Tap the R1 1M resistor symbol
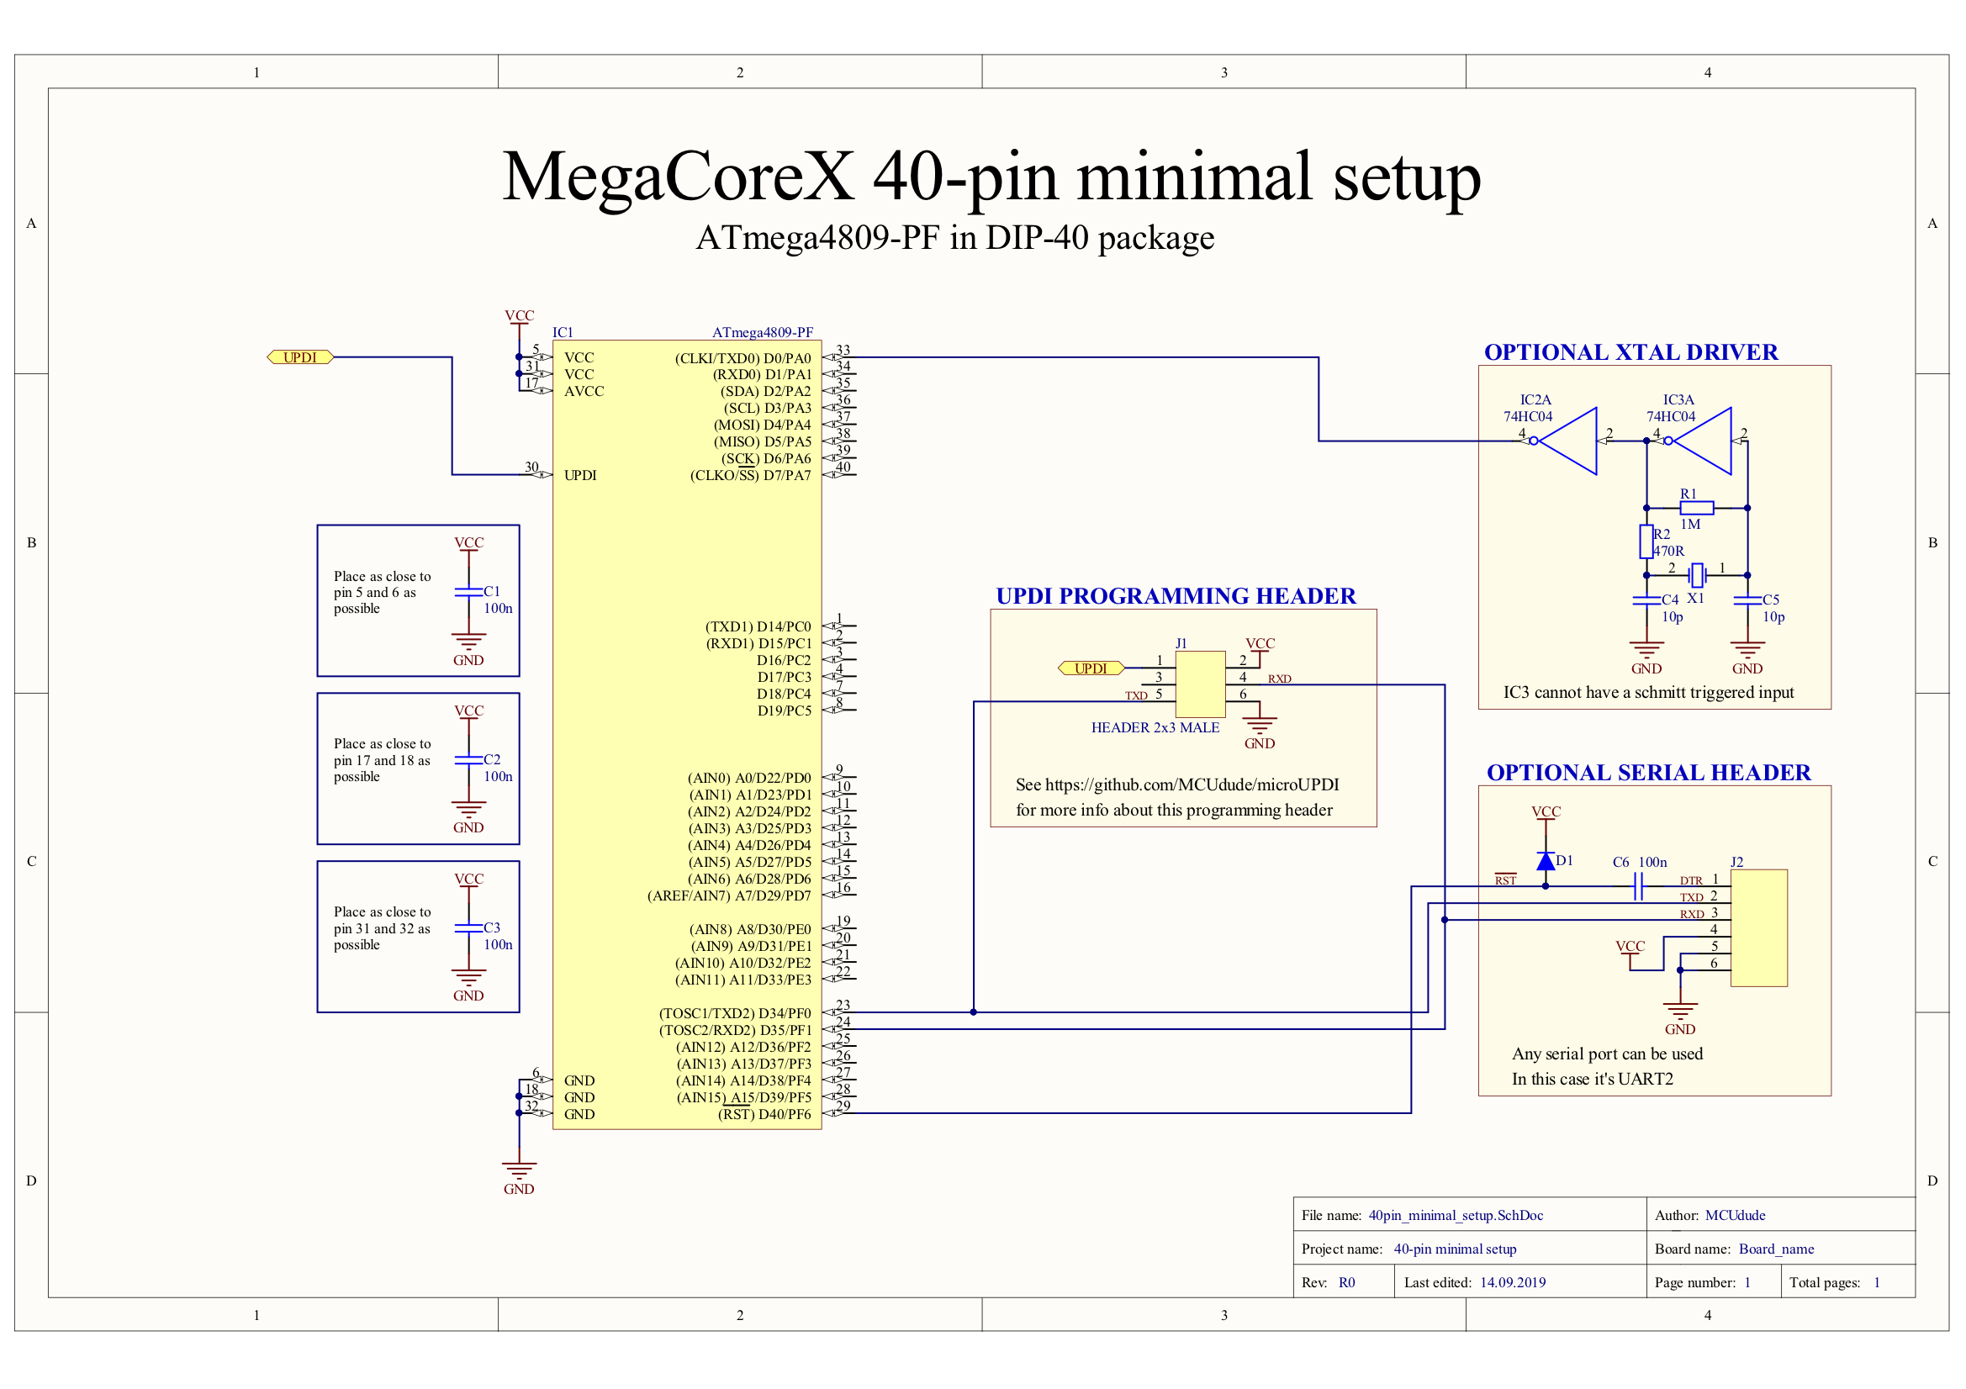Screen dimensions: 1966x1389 [x=1696, y=508]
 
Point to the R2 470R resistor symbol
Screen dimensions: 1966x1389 [x=1646, y=542]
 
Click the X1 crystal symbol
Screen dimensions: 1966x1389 [x=1697, y=575]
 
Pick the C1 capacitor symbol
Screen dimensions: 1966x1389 [x=468, y=592]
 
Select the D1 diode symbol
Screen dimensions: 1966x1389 [x=1546, y=862]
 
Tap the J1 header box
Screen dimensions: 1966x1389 [x=1201, y=684]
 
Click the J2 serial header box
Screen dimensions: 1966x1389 [x=1759, y=928]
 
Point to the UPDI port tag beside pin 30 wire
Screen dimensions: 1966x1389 [x=300, y=357]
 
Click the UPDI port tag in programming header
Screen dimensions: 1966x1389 [x=1091, y=668]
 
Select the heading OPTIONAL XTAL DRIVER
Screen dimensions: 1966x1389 [x=1630, y=352]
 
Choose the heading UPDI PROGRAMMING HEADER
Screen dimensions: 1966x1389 [x=1176, y=596]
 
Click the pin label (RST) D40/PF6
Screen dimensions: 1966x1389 [x=764, y=1114]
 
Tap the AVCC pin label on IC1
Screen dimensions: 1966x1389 [x=584, y=391]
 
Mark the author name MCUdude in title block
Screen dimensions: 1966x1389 [x=1735, y=1215]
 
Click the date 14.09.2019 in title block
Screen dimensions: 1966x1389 [x=1513, y=1282]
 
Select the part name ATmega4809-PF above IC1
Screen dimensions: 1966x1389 [x=763, y=332]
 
